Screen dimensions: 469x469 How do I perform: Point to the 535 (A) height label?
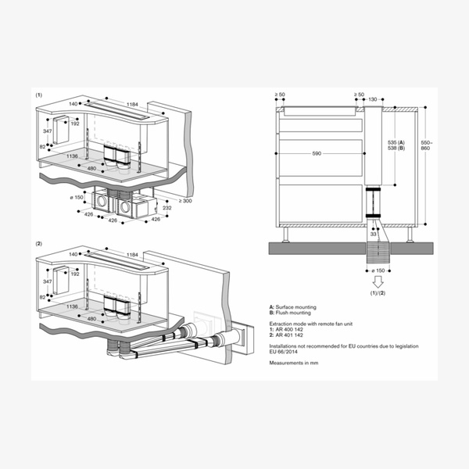click(x=396, y=141)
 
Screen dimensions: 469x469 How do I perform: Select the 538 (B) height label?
click(x=396, y=147)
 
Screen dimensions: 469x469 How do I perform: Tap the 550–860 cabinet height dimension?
click(x=426, y=147)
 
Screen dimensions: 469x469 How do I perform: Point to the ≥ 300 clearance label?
click(x=184, y=202)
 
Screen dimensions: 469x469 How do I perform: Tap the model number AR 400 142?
click(x=292, y=328)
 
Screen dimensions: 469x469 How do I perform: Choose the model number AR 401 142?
click(x=292, y=335)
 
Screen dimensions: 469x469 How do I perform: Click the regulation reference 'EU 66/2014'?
click(x=285, y=351)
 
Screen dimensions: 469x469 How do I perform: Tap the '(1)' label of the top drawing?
click(x=39, y=94)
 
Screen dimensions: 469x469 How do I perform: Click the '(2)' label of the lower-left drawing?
click(x=39, y=245)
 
